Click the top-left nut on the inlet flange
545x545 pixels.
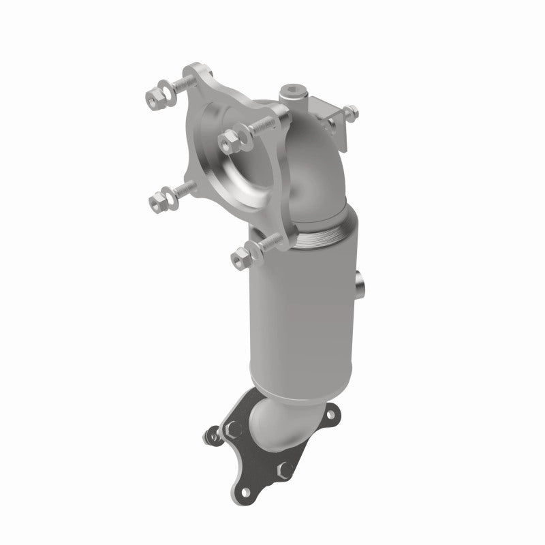click(x=152, y=99)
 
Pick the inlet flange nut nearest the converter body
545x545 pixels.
click(x=240, y=256)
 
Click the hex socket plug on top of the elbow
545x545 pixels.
click(x=293, y=91)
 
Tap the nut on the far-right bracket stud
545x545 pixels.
click(x=351, y=111)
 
